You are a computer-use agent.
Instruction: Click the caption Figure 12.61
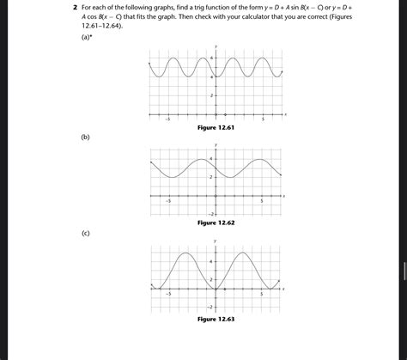(216, 127)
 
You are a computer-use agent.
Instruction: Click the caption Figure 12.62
(216, 223)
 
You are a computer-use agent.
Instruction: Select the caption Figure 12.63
(216, 319)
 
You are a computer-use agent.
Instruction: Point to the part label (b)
(85, 137)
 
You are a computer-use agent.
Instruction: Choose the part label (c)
(85, 233)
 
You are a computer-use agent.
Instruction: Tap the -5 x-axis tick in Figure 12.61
(168, 119)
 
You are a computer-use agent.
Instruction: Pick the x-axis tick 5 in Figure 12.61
(263, 119)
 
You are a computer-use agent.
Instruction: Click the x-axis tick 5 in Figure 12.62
(263, 201)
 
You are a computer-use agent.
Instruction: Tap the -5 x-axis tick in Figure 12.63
(168, 294)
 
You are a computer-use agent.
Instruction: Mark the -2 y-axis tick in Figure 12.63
(210, 306)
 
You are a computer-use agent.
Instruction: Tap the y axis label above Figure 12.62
(216, 144)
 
